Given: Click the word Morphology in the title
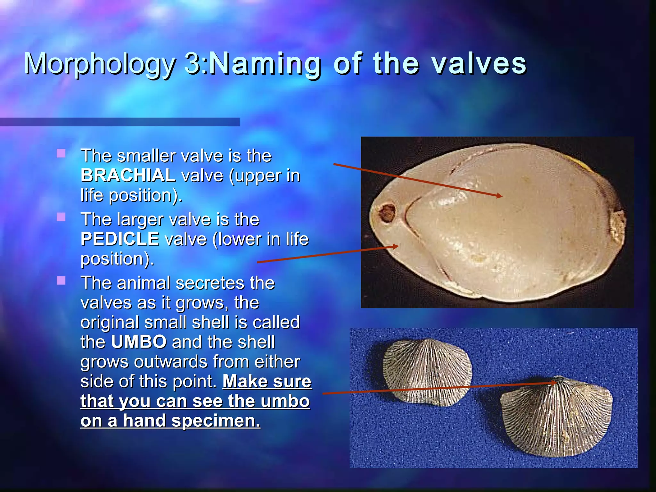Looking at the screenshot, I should pyautogui.click(x=99, y=64).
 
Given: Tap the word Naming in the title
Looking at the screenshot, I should pyautogui.click(x=265, y=64).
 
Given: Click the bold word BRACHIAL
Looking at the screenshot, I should pyautogui.click(x=128, y=176).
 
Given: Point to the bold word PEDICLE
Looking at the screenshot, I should pyautogui.click(x=120, y=239).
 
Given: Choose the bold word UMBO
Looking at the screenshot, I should pyautogui.click(x=139, y=342).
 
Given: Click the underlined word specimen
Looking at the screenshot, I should pyautogui.click(x=216, y=421).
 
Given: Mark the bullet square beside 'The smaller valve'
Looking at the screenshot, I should pyautogui.click(x=61, y=153).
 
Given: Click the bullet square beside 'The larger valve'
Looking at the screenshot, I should pyautogui.click(x=61, y=217).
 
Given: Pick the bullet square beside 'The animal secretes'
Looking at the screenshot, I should pyautogui.click(x=61, y=281).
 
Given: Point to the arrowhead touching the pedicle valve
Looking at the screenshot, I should pyautogui.click(x=396, y=246).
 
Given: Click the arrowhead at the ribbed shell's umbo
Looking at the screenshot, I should pyautogui.click(x=554, y=382).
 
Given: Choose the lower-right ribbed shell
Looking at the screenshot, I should pyautogui.click(x=557, y=416).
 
